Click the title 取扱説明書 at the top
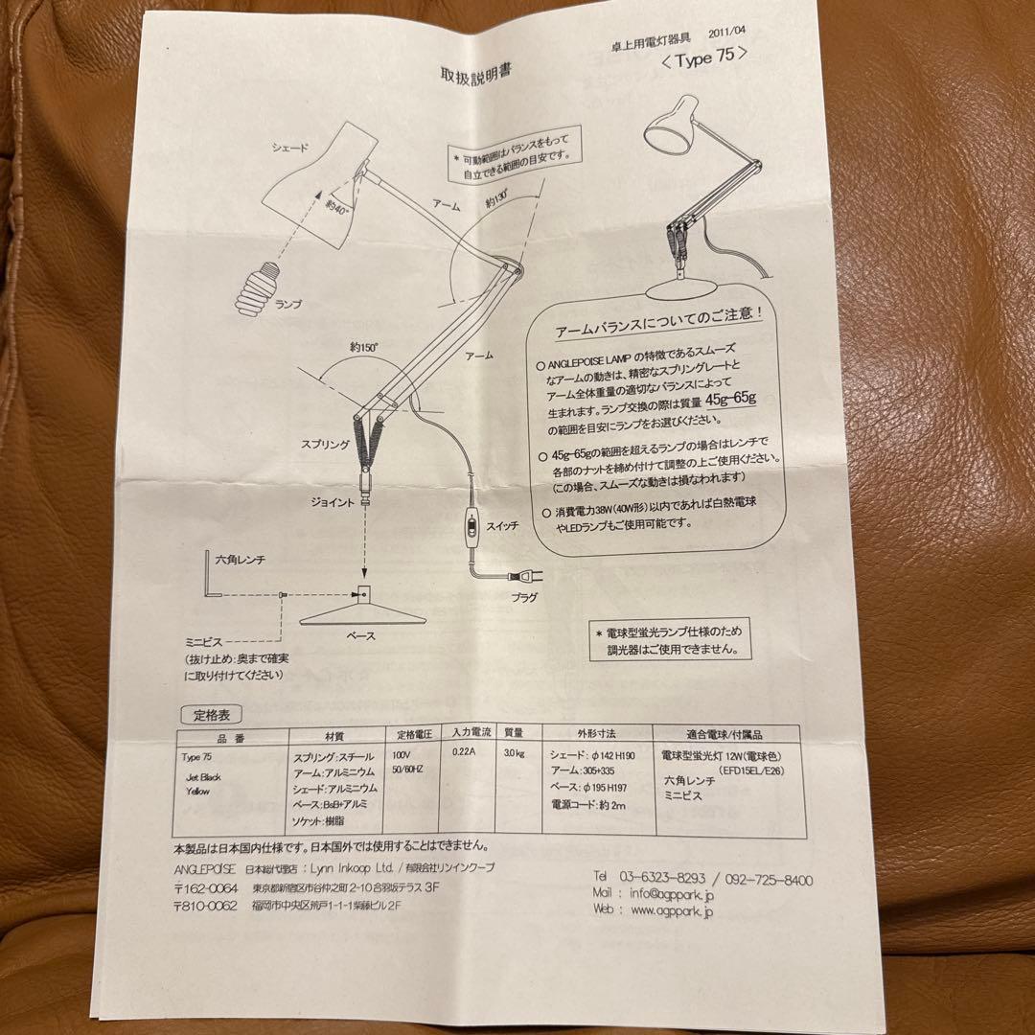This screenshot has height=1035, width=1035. coord(477,76)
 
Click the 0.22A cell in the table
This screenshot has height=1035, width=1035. coord(463,753)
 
